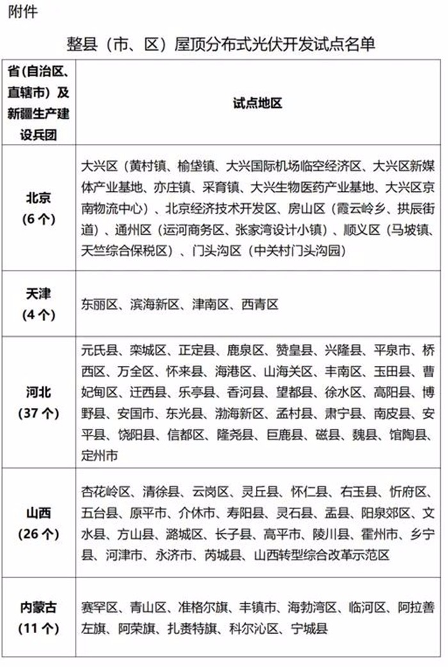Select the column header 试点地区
(x=258, y=103)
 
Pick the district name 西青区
(x=260, y=305)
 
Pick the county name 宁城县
(x=308, y=629)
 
